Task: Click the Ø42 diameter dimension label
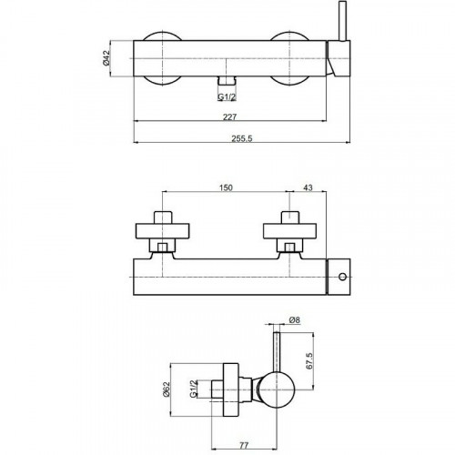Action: [x=106, y=58]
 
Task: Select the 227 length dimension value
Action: [x=230, y=116]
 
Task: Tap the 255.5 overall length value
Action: [x=242, y=138]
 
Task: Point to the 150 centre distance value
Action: [x=226, y=187]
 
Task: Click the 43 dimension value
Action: [x=308, y=187]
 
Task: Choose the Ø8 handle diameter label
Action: [x=295, y=319]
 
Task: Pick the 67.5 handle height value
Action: [x=309, y=360]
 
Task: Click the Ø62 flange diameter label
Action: [x=167, y=389]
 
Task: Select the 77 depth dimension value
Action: [x=244, y=445]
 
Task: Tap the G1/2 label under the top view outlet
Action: [x=227, y=97]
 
